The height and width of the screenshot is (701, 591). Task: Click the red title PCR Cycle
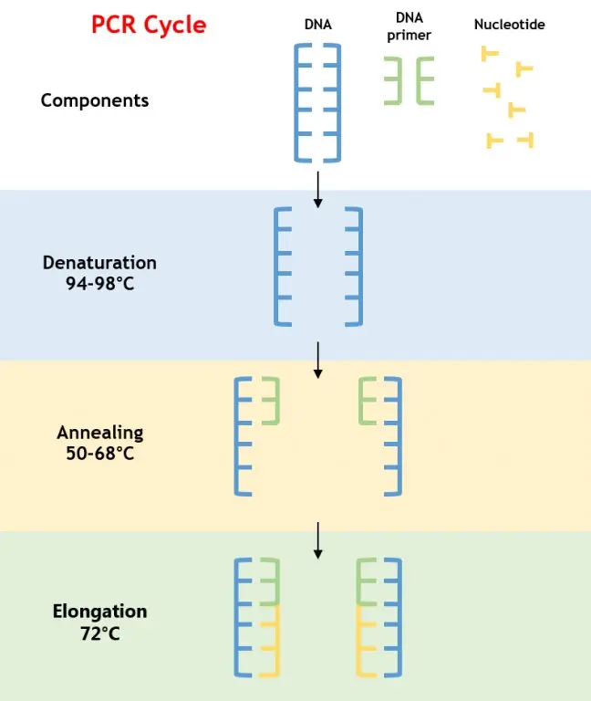point(149,24)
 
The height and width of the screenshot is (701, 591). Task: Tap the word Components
point(95,100)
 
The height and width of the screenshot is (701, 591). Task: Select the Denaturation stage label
point(99,263)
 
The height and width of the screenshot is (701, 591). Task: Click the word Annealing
point(99,433)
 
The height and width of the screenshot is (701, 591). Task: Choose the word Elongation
point(99,611)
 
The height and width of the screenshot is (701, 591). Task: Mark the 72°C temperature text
point(99,632)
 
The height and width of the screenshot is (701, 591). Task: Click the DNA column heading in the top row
point(317,25)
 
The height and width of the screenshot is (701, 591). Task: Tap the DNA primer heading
point(409,26)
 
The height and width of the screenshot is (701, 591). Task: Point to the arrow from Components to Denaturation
point(318,188)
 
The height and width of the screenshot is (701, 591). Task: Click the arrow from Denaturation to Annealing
point(318,360)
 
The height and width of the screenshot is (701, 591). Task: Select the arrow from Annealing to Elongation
point(318,539)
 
